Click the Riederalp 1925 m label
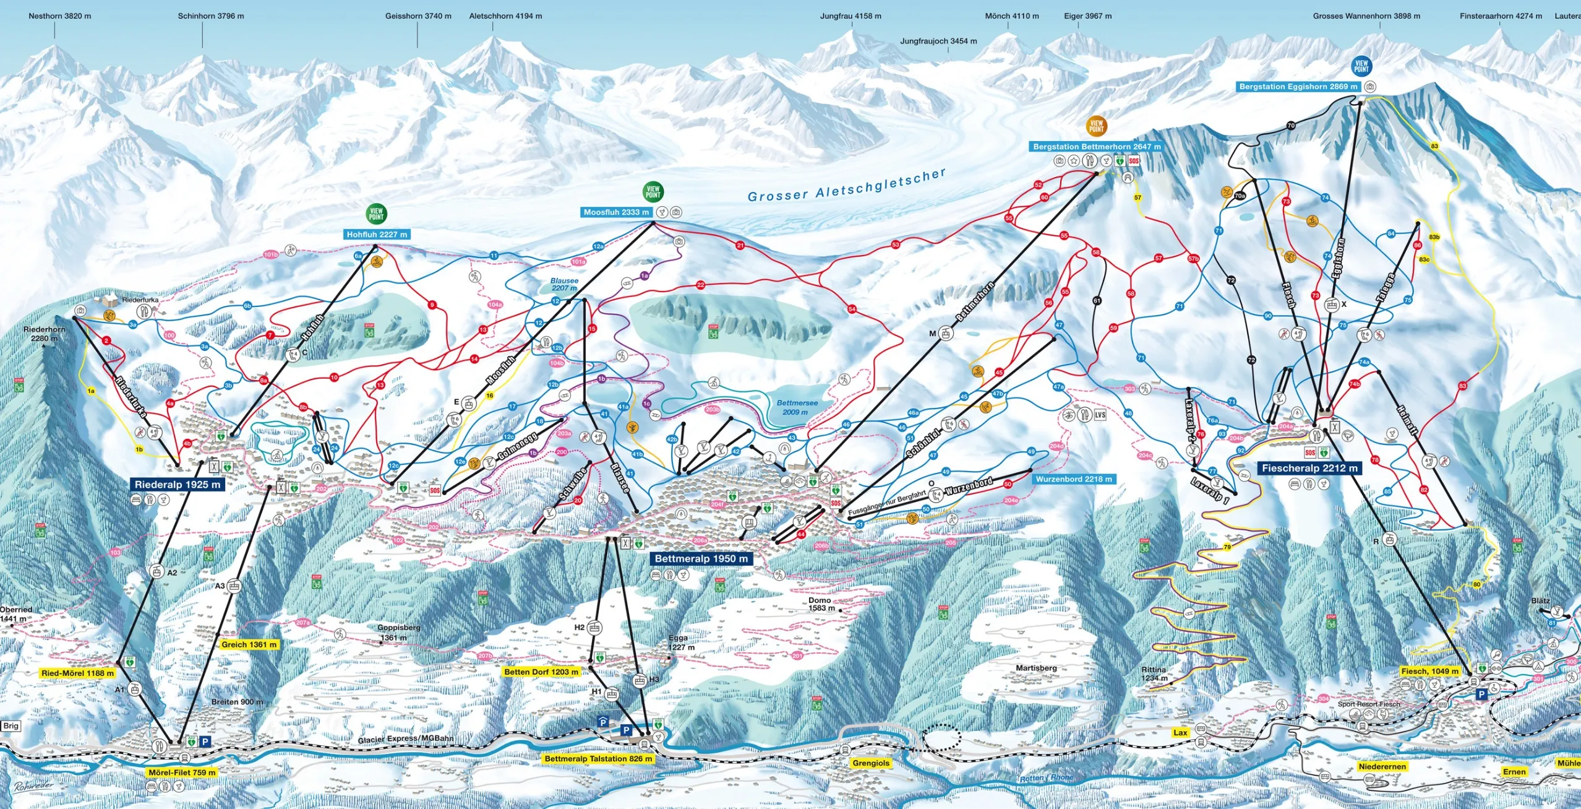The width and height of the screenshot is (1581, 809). pyautogui.click(x=177, y=485)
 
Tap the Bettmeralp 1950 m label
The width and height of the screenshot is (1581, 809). pyautogui.click(x=701, y=559)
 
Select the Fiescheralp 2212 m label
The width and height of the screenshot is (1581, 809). pyautogui.click(x=1309, y=469)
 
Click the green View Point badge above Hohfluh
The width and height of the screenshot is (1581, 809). pyautogui.click(x=376, y=214)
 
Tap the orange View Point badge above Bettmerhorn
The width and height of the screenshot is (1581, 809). pyautogui.click(x=1096, y=126)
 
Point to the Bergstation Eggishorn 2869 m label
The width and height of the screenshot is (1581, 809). pyautogui.click(x=1298, y=87)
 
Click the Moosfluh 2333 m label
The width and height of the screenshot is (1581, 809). pyautogui.click(x=616, y=212)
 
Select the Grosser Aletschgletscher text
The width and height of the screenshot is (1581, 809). pyautogui.click(x=846, y=185)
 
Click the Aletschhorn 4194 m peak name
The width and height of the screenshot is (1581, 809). pyautogui.click(x=505, y=16)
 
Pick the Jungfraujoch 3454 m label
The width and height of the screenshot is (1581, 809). pyautogui.click(x=938, y=41)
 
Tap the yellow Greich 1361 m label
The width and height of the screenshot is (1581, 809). pyautogui.click(x=249, y=644)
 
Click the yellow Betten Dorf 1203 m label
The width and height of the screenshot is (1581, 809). pyautogui.click(x=541, y=672)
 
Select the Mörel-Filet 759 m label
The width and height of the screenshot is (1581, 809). pyautogui.click(x=182, y=772)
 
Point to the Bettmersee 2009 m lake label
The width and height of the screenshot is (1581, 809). pyautogui.click(x=797, y=407)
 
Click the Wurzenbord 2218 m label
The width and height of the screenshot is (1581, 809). pyautogui.click(x=1074, y=479)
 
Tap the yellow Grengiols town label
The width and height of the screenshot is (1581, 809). pyautogui.click(x=870, y=763)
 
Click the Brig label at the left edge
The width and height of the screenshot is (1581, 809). pyautogui.click(x=11, y=726)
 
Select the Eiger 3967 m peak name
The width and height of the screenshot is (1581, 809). pyautogui.click(x=1087, y=16)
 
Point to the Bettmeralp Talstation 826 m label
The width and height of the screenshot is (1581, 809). pyautogui.click(x=598, y=759)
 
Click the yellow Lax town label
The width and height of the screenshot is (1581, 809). pyautogui.click(x=1180, y=733)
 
